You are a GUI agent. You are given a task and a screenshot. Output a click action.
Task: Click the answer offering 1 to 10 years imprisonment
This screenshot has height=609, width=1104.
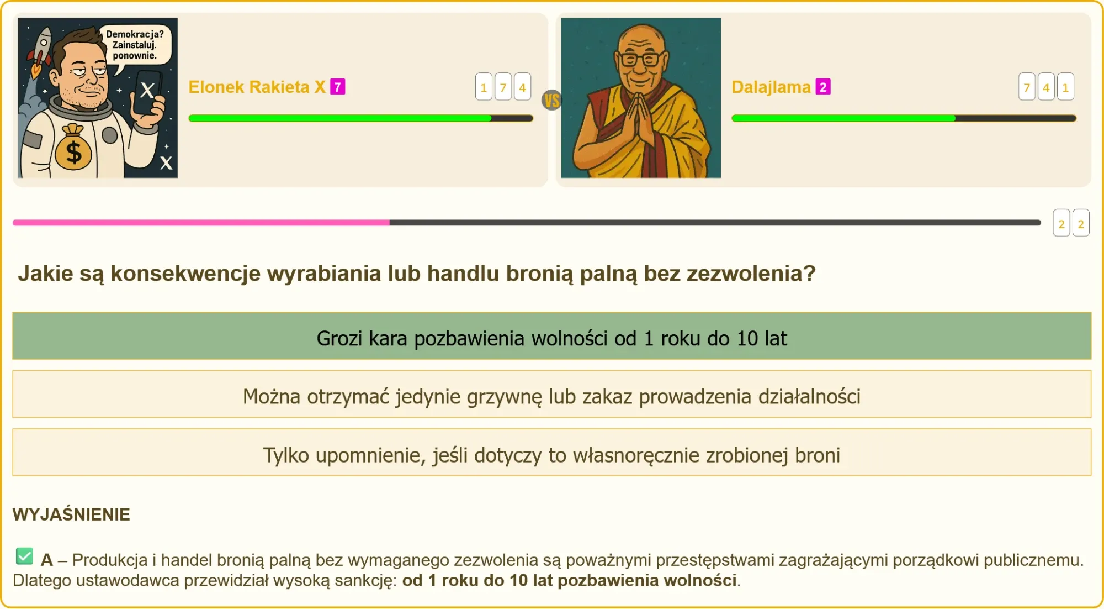[551, 336]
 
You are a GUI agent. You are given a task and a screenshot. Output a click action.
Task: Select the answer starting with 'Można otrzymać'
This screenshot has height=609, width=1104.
[551, 395]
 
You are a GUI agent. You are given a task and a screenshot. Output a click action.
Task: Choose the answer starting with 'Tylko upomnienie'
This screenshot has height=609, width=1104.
[551, 453]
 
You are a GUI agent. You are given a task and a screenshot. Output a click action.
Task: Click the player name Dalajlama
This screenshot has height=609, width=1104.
[771, 87]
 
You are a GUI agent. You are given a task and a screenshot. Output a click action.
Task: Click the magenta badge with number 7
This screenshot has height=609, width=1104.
[338, 87]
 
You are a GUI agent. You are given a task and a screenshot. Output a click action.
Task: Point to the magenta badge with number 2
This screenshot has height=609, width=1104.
[823, 87]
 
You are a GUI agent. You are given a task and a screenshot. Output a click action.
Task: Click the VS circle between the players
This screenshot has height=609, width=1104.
[551, 100]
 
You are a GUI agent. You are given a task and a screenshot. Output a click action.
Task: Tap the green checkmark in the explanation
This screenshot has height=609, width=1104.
[25, 556]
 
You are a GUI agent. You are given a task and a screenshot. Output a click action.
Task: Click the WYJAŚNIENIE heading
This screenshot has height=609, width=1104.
[71, 514]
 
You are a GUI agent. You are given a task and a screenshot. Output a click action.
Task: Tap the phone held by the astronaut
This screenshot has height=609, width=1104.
[148, 92]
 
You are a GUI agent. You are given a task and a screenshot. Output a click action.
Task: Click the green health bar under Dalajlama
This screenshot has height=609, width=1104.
[843, 118]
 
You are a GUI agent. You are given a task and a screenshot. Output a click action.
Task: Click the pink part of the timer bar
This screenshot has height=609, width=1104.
[201, 223]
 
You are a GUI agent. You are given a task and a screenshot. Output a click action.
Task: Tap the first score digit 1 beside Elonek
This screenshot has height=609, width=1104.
[484, 87]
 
